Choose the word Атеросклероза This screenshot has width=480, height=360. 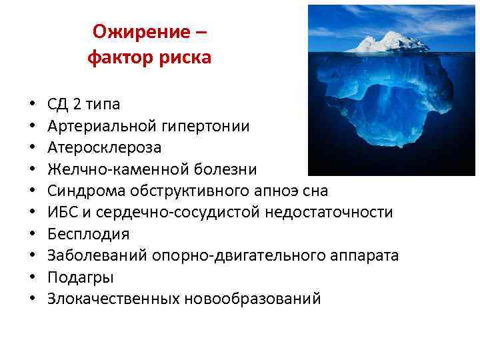point(104,147)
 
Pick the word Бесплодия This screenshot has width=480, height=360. point(89,234)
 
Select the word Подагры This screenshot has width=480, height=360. point(81,277)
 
